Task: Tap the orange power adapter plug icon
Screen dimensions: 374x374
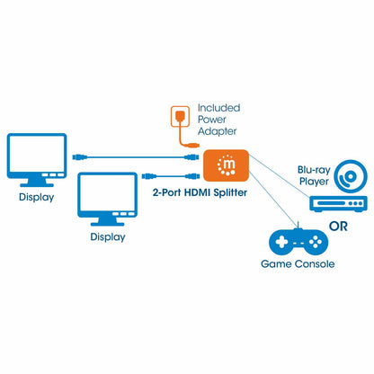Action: click(177, 118)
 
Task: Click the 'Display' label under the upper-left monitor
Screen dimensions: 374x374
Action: click(36, 196)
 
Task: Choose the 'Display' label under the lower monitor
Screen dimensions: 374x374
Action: click(109, 238)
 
